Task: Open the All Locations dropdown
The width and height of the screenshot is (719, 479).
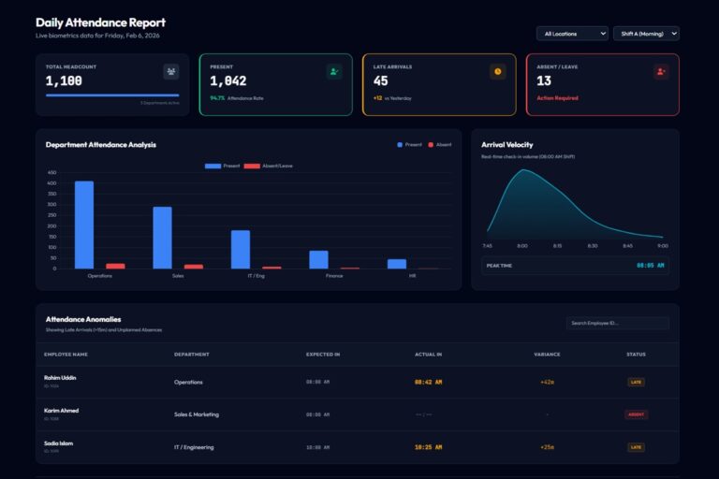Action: (x=571, y=34)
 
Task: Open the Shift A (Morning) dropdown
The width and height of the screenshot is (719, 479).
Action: (x=647, y=34)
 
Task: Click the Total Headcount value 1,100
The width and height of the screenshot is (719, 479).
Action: (x=65, y=81)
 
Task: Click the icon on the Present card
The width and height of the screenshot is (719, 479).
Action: (x=334, y=71)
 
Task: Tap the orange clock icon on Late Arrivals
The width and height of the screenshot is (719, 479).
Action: (x=497, y=71)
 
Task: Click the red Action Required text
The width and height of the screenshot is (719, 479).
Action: (x=557, y=98)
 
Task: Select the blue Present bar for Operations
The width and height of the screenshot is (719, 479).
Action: (x=84, y=225)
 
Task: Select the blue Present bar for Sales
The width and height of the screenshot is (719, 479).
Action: (x=162, y=238)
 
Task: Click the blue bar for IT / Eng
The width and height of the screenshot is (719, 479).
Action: (x=241, y=249)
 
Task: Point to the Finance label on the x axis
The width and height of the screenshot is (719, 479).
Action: (x=334, y=276)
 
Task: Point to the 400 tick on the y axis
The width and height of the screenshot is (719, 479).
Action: (x=52, y=183)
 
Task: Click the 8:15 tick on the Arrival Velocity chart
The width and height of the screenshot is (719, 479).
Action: (x=557, y=246)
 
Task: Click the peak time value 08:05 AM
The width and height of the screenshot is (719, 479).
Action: (x=651, y=266)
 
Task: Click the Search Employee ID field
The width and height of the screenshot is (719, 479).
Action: (x=617, y=323)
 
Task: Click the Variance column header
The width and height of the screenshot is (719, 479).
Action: (x=547, y=354)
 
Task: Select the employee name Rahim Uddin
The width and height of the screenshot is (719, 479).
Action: (x=60, y=378)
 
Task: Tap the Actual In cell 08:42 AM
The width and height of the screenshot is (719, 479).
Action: (x=428, y=382)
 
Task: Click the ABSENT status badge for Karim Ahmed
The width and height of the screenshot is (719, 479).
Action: (x=636, y=414)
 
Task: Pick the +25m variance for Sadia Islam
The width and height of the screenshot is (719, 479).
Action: (x=547, y=447)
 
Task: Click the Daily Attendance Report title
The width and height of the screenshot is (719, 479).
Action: (x=100, y=22)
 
